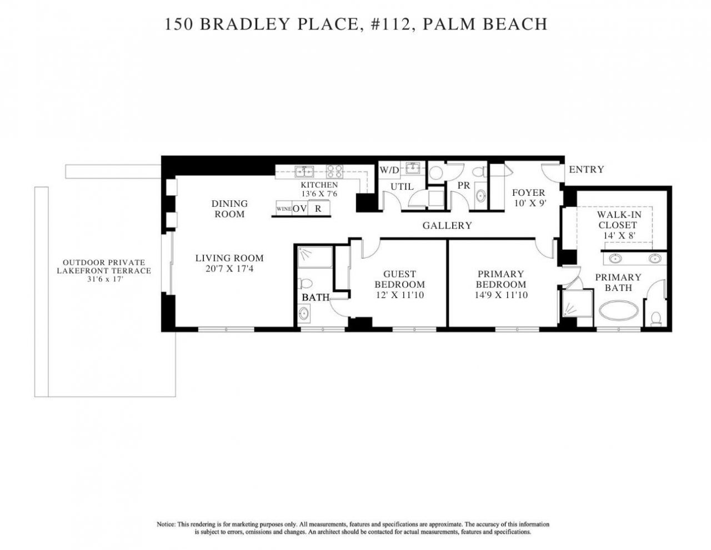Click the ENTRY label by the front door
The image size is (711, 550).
[586, 170]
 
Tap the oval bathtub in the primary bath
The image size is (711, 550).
[619, 310]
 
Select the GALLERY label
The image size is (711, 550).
[447, 225]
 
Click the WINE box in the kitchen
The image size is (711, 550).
[283, 209]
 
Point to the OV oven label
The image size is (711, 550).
[300, 209]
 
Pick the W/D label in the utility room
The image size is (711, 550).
[389, 170]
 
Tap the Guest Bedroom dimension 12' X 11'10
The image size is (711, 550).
[399, 295]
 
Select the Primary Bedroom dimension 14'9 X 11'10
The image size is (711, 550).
[500, 295]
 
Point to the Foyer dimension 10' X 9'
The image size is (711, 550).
[528, 203]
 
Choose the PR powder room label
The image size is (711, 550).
[464, 186]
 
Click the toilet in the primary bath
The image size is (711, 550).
[656, 319]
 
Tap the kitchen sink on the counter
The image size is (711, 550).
[304, 171]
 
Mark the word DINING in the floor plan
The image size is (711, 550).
[229, 204]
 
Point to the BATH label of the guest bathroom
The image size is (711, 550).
[316, 298]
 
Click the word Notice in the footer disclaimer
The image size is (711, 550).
[166, 524]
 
